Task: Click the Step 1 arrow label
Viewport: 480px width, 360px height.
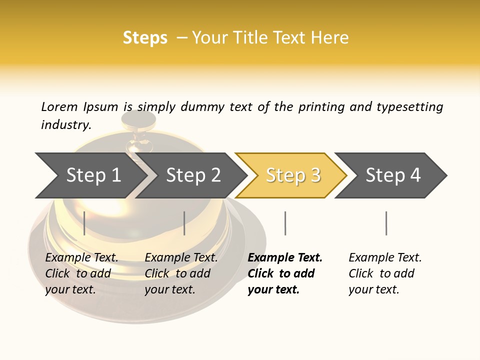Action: (x=93, y=175)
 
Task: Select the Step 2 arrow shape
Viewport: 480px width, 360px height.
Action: (x=193, y=175)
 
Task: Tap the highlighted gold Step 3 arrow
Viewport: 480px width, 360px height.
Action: (x=293, y=175)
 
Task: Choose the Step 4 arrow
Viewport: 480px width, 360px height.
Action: (x=393, y=175)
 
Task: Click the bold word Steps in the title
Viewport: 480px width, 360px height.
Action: (x=145, y=37)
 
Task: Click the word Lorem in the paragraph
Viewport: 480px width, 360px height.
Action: (x=59, y=106)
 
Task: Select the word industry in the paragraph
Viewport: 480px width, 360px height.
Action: (x=65, y=124)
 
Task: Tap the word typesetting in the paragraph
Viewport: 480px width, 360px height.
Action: (x=409, y=106)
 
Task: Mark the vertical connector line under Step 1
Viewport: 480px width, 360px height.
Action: (x=84, y=223)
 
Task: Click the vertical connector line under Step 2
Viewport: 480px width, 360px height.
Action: (x=184, y=223)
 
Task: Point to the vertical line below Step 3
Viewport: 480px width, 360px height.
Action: (x=285, y=223)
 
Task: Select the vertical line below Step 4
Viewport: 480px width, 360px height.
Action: (x=386, y=223)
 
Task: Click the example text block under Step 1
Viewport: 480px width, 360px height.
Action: (x=81, y=273)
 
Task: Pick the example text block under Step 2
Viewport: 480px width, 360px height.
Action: (x=181, y=273)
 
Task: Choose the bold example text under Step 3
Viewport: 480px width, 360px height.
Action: (x=285, y=273)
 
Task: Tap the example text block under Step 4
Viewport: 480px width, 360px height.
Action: (x=385, y=273)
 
